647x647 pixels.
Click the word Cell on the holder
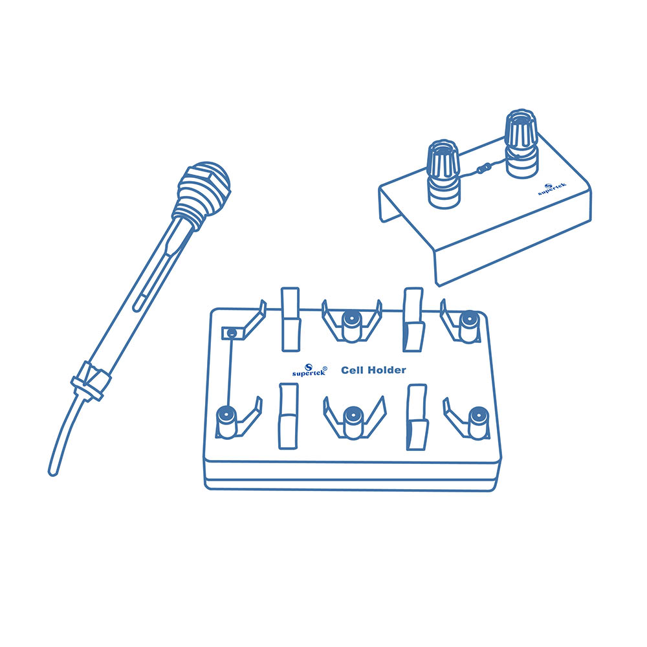(x=351, y=370)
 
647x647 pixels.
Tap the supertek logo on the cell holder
(x=309, y=370)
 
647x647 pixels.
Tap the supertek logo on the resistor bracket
(x=552, y=190)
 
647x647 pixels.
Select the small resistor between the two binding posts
(x=483, y=168)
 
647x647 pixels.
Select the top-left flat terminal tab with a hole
(x=233, y=333)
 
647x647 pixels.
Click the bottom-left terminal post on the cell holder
(x=226, y=422)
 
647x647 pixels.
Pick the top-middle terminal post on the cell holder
(x=352, y=325)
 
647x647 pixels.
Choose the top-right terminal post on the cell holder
(x=468, y=326)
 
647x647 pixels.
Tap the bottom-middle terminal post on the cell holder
(x=353, y=422)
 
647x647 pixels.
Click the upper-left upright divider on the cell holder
(x=291, y=320)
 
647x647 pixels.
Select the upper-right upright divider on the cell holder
(x=413, y=320)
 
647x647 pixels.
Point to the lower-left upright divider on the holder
(x=289, y=416)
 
